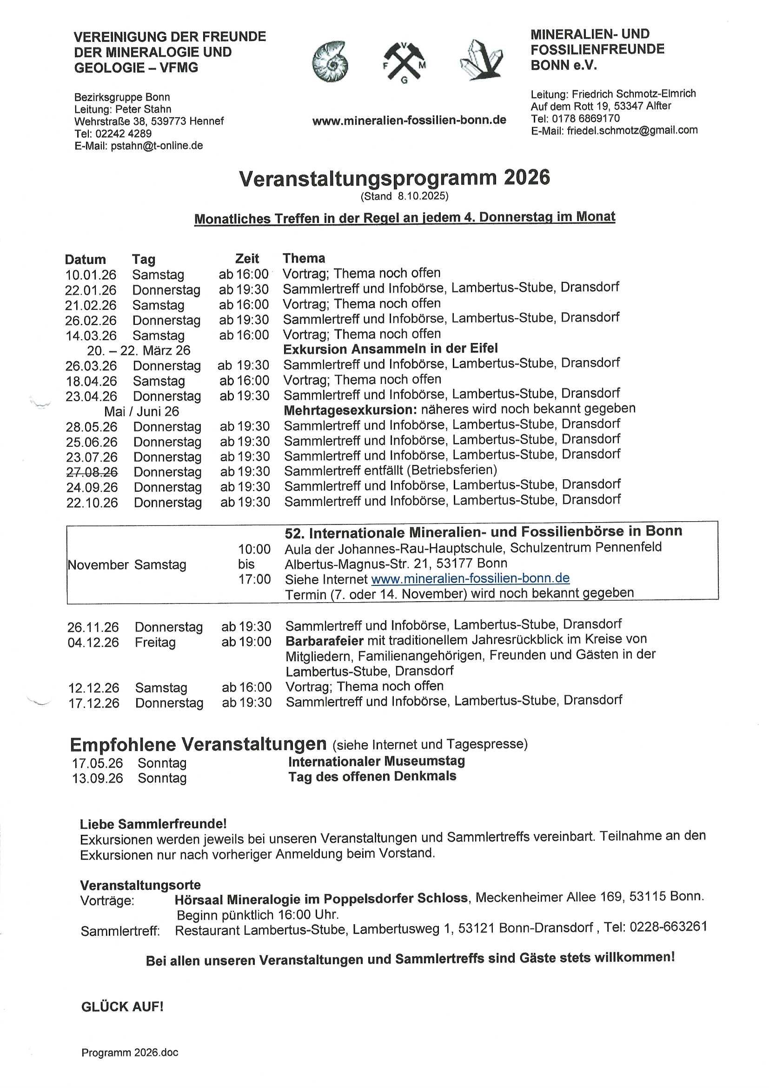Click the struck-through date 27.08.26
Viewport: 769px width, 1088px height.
pos(92,472)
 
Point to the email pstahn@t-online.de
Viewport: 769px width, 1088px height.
pos(156,146)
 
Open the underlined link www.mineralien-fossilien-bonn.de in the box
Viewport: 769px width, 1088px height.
pos(470,578)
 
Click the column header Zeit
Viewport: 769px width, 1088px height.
pos(247,259)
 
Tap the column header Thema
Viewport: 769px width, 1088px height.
pos(304,258)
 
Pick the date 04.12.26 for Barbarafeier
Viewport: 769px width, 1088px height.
pos(93,643)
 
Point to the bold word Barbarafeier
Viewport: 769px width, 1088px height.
pos(325,641)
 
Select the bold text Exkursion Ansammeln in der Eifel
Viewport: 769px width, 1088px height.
pos(390,349)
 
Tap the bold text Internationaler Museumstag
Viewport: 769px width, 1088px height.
pos(377,761)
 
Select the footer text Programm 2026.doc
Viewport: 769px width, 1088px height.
pos(130,1066)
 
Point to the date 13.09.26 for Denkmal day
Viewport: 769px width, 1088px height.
pos(97,778)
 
